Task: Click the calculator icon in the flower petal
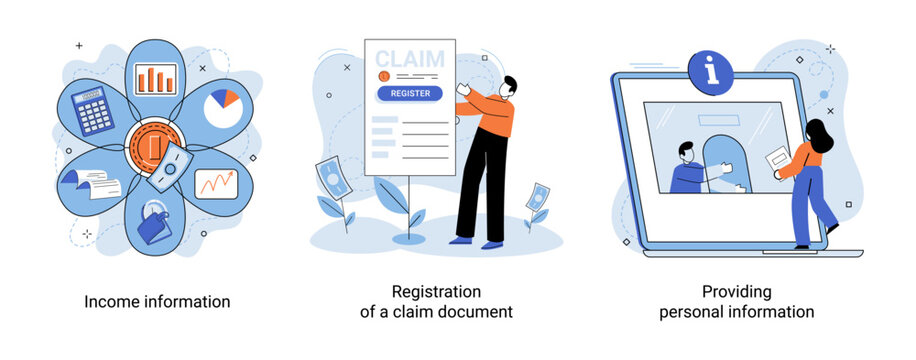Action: pyautogui.click(x=96, y=110)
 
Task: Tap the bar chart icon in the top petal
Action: pyautogui.click(x=154, y=79)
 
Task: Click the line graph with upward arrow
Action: pyautogui.click(x=216, y=183)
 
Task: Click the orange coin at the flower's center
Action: pyautogui.click(x=152, y=148)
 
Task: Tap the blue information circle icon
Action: pyautogui.click(x=711, y=72)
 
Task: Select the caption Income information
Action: pyautogui.click(x=157, y=301)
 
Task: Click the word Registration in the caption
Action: pyautogui.click(x=436, y=292)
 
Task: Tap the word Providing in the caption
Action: pyautogui.click(x=736, y=292)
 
